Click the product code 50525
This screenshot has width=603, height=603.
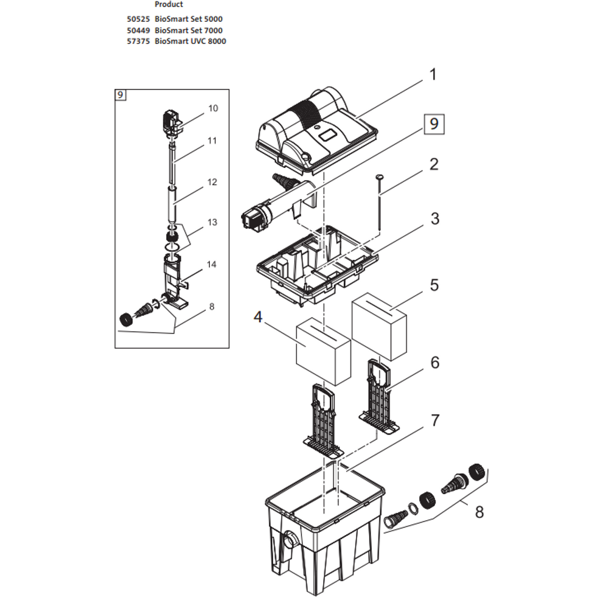(x=138, y=19)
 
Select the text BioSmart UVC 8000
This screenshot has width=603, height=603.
(x=190, y=41)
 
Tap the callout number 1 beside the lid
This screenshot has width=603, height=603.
(x=433, y=75)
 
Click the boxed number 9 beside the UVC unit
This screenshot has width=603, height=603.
(x=433, y=125)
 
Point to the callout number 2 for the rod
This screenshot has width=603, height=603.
(x=434, y=164)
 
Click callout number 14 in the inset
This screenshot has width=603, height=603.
(x=212, y=264)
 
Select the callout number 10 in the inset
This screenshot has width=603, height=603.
(x=212, y=108)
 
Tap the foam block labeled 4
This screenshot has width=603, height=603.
(x=323, y=354)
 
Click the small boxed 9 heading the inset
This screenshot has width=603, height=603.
(x=120, y=94)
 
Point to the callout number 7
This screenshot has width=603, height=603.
(x=434, y=420)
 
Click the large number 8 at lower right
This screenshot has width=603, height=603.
(x=479, y=512)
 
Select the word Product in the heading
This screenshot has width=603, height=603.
(x=169, y=4)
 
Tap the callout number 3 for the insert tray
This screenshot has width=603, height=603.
(x=434, y=218)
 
